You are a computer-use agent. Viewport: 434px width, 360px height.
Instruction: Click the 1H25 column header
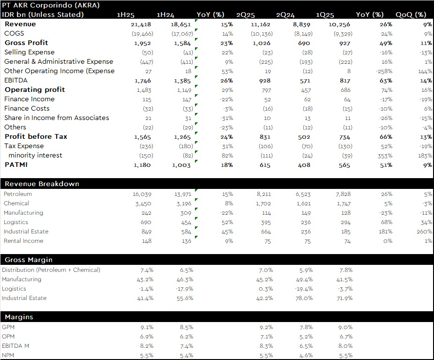126,15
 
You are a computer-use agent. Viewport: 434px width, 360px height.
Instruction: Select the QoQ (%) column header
411,15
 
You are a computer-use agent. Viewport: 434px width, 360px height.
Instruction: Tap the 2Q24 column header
285,15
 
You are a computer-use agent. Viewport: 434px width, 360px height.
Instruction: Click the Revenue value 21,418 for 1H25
141,24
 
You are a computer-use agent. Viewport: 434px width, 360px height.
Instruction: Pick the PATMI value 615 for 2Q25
265,165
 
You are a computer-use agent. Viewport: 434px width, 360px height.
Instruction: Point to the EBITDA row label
16,80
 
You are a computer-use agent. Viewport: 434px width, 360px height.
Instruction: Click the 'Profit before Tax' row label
36,136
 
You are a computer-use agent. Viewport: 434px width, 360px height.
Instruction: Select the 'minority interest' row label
36,155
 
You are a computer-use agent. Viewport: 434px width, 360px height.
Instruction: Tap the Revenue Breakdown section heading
42,184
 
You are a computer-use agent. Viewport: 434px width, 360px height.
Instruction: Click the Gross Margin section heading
29,260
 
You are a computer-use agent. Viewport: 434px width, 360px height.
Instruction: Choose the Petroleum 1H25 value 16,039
142,195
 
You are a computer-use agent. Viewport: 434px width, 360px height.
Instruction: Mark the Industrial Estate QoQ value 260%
424,232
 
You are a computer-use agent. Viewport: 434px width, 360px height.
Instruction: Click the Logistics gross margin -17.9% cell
185,289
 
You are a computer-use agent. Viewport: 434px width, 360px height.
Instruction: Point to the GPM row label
8,327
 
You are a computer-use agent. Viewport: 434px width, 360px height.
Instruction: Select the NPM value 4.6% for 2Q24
306,355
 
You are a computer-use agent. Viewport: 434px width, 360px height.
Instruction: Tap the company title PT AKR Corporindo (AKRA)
51,5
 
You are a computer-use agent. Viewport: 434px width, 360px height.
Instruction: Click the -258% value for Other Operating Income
384,71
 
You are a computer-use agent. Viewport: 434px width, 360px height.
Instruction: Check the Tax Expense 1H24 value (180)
186,146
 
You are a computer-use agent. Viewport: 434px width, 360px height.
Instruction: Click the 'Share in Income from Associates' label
56,118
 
